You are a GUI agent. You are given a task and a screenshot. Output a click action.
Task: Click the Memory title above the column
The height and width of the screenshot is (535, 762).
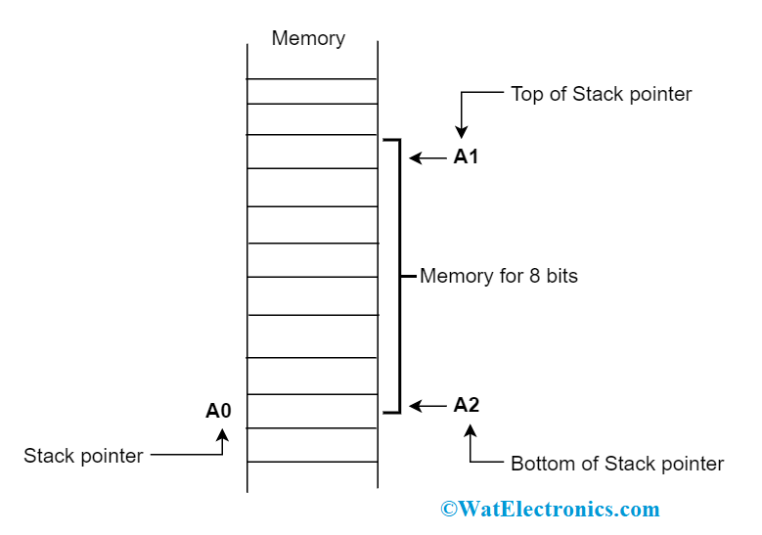308,38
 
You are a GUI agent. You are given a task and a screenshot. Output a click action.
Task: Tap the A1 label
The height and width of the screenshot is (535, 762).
466,156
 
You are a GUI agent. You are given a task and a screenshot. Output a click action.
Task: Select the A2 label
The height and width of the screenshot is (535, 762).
467,405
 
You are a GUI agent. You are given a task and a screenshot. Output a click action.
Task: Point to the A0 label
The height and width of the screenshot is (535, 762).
218,411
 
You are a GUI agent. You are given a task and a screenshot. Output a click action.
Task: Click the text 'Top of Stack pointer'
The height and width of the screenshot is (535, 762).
601,94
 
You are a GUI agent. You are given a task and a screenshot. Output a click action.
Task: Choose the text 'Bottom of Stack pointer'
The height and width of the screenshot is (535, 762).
617,464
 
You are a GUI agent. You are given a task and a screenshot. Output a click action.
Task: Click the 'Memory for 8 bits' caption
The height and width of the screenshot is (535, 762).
498,276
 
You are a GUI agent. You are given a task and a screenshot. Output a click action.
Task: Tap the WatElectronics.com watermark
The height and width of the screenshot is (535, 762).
550,510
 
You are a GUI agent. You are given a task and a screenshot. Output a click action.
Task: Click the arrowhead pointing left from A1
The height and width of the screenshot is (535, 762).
415,157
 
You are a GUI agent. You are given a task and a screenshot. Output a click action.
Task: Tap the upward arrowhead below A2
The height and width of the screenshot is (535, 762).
471,430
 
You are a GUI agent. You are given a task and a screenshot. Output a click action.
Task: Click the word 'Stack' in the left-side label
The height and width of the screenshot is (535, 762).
47,456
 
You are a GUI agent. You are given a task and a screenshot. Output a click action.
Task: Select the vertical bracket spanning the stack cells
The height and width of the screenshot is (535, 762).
399,276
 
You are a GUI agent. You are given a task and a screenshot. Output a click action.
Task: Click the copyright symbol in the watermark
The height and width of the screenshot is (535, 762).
448,510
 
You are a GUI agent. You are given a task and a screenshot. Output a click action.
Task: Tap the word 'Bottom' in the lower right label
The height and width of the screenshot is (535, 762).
542,464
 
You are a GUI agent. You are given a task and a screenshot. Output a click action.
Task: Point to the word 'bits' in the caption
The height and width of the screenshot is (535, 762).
561,276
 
